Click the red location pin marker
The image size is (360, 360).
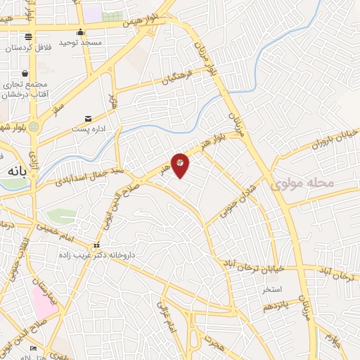click(180, 165)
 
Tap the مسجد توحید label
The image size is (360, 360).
click(80, 42)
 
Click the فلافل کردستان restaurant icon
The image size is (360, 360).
click(27, 37)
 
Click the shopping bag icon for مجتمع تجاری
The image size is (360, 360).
click(25, 74)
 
